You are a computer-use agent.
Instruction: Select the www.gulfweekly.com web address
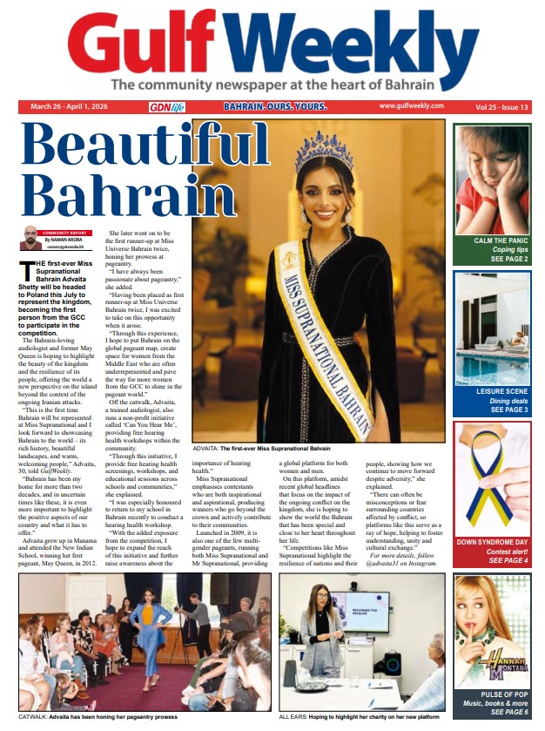pyautogui.click(x=411, y=106)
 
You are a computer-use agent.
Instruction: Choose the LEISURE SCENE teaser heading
pyautogui.click(x=496, y=392)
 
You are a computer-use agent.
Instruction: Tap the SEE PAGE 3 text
pyautogui.click(x=508, y=409)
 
